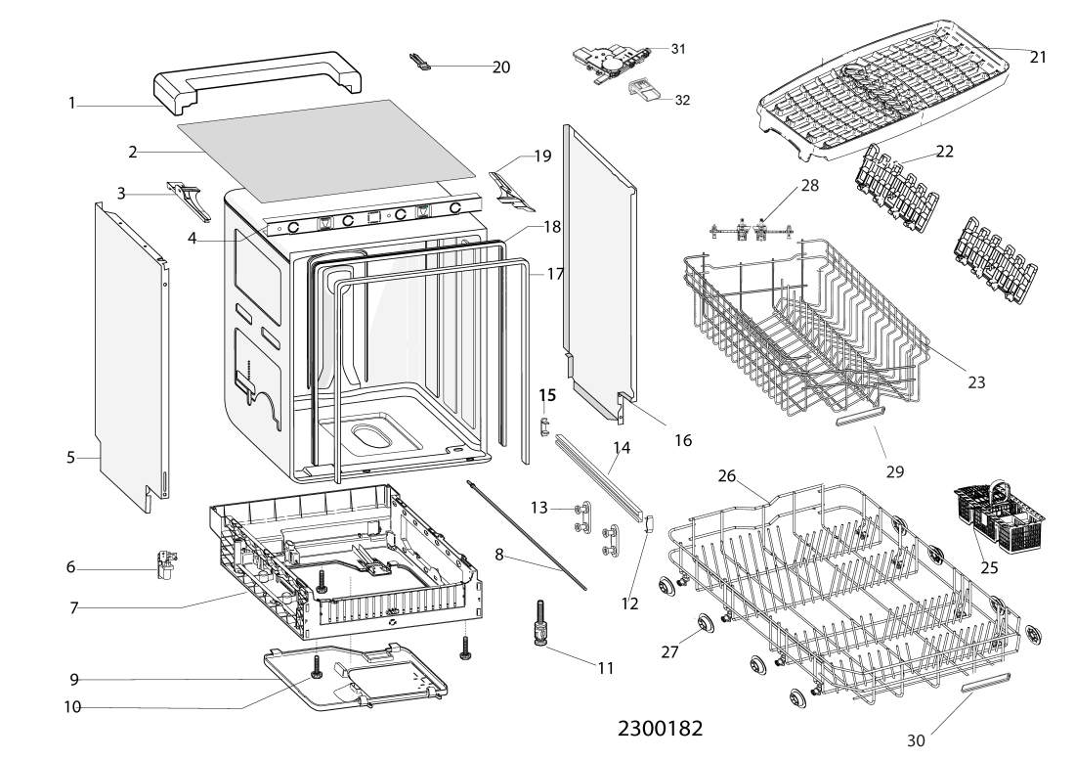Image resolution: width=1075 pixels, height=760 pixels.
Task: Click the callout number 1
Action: pos(72,103)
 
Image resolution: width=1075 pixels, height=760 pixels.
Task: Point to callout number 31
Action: pos(678,48)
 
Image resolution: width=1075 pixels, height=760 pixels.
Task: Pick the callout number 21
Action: pos(1037,57)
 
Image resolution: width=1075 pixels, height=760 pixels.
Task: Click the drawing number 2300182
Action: pos(660,730)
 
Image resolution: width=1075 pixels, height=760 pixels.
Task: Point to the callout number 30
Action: pos(916,740)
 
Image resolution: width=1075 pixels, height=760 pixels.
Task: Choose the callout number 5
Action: pos(70,457)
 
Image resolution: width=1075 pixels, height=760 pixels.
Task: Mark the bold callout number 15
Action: pos(547,395)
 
